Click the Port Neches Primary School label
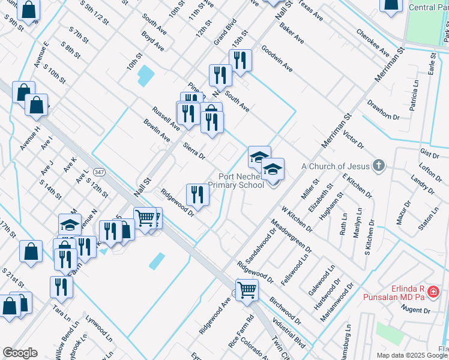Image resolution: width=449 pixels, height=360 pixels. [x=241, y=181]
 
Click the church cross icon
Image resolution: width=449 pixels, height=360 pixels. [x=378, y=166]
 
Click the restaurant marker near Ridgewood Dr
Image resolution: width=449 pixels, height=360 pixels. [x=197, y=193]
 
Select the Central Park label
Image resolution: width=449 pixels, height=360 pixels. [x=428, y=7]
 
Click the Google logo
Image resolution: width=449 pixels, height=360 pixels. [x=20, y=353]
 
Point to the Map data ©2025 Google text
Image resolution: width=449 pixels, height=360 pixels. [x=412, y=355]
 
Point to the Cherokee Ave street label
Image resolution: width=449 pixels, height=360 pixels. [x=372, y=43]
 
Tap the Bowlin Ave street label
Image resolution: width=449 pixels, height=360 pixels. [x=157, y=130]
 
